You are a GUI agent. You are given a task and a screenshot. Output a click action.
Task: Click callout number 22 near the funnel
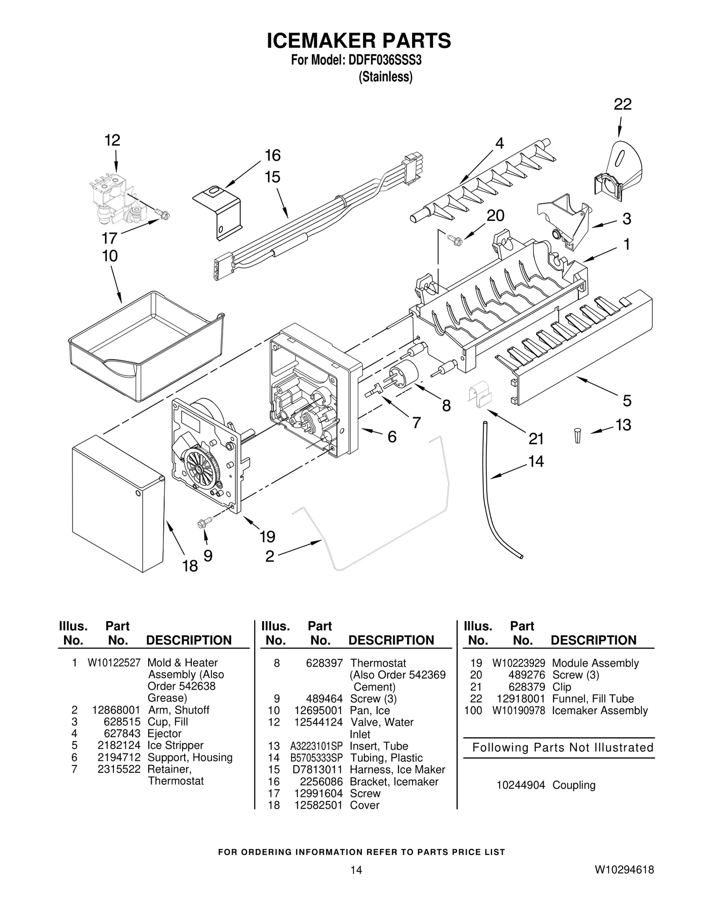coord(622,105)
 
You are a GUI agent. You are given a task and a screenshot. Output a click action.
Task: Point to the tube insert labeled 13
coord(577,435)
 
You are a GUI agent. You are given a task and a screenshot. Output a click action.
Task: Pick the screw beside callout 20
coord(456,240)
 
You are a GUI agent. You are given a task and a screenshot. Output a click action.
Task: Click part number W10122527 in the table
coord(114,663)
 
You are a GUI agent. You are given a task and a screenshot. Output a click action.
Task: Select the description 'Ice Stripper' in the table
coord(175,745)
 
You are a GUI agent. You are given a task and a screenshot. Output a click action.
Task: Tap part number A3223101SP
coord(316,746)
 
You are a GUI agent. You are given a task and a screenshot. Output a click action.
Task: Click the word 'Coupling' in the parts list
coord(574,785)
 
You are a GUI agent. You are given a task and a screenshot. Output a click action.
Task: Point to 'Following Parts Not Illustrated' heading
coord(562,747)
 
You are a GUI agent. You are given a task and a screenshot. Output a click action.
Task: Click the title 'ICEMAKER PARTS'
coord(359,41)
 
